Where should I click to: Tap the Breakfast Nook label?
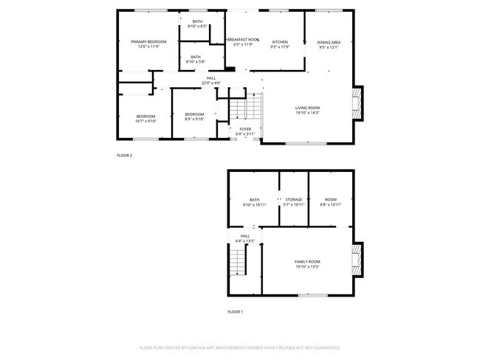[x=241, y=39]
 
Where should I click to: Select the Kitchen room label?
[x=279, y=41]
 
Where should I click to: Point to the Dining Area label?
[x=329, y=42]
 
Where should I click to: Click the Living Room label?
[x=307, y=108]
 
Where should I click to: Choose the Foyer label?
[x=244, y=129]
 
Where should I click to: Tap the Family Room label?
[x=307, y=262]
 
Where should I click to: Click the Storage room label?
[x=294, y=199]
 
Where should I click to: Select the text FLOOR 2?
[x=125, y=156]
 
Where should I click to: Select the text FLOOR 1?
[x=235, y=312]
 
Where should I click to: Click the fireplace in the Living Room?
[x=358, y=103]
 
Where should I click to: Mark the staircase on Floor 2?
[x=245, y=109]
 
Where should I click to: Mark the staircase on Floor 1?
[x=237, y=260]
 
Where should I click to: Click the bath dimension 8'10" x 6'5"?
[x=197, y=27]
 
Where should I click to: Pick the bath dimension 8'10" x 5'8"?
[x=196, y=62]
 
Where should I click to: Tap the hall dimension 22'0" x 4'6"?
[x=212, y=83]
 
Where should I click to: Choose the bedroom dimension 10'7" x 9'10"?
[x=145, y=121]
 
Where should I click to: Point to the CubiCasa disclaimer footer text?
[x=240, y=347]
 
